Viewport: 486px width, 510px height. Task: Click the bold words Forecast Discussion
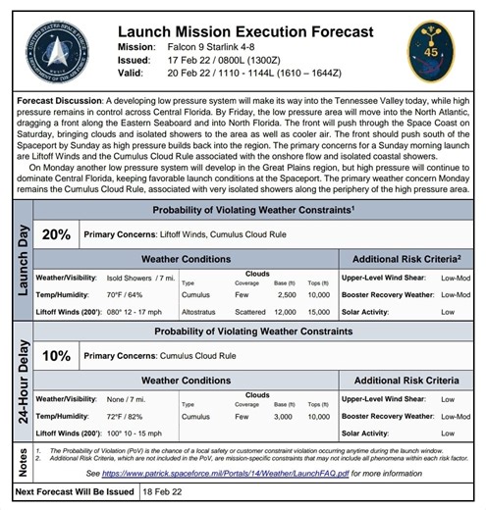click(x=59, y=101)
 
